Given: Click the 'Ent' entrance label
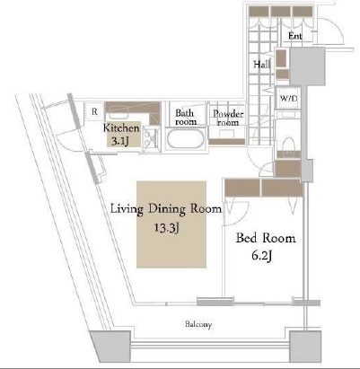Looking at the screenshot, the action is point(295,36).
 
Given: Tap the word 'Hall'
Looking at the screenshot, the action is point(262,64).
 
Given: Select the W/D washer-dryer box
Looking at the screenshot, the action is point(288,98).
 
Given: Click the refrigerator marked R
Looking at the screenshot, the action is point(94,111).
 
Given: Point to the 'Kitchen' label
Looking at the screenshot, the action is point(121,127).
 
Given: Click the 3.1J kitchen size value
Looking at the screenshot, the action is point(120,141).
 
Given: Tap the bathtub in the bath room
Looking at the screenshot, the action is point(185,138).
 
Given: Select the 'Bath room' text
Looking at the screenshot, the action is point(186,117).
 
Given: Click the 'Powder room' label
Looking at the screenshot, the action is point(228,118).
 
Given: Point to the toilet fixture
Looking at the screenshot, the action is point(289,146).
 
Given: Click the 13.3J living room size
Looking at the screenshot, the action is point(167,228).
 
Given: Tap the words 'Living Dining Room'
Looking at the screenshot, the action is point(166,209).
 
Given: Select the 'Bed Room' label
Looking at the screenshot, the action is point(266,238).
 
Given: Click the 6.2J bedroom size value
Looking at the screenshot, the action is point(262,256).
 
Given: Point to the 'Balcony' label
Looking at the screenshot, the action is point(198,324).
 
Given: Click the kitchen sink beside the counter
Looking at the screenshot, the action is point(152,139).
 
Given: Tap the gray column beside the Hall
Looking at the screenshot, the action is point(307,66).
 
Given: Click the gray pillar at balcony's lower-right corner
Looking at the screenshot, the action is point(305,347).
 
